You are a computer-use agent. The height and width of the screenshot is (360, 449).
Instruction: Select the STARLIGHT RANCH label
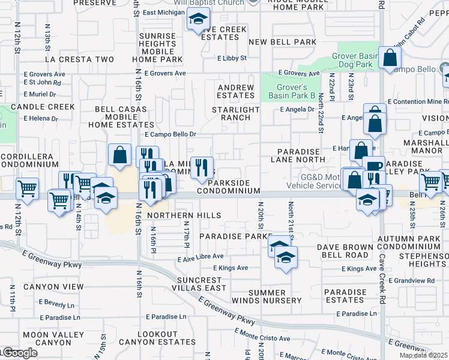click(236, 114)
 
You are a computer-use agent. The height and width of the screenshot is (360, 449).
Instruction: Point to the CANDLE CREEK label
click(41, 107)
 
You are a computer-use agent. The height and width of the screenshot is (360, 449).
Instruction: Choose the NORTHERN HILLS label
click(184, 215)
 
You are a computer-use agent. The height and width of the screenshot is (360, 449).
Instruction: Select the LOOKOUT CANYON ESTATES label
click(157, 338)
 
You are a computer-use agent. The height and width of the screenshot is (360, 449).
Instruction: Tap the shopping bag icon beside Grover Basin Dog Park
click(390, 58)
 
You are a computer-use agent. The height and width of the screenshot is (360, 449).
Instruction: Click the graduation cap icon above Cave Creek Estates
click(196, 20)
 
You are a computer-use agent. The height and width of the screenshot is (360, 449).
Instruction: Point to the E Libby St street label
click(232, 58)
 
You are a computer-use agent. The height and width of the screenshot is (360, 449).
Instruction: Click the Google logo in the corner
click(20, 353)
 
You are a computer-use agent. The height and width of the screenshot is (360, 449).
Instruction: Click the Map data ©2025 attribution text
click(423, 355)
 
